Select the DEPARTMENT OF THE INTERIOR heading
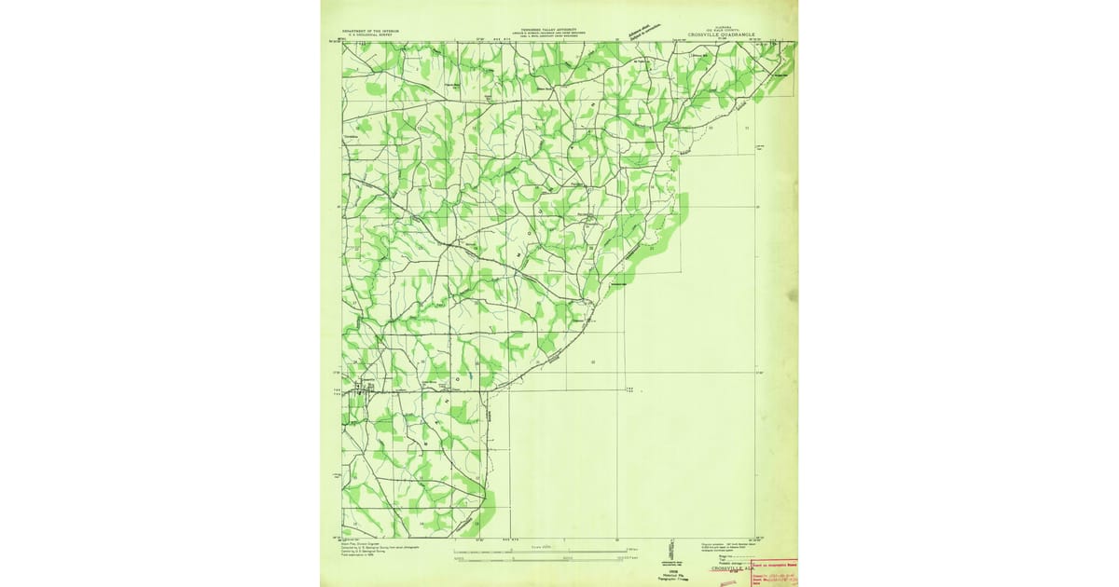coord(370,31)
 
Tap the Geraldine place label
coord(352,137)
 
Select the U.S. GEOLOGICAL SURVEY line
coord(370,35)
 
